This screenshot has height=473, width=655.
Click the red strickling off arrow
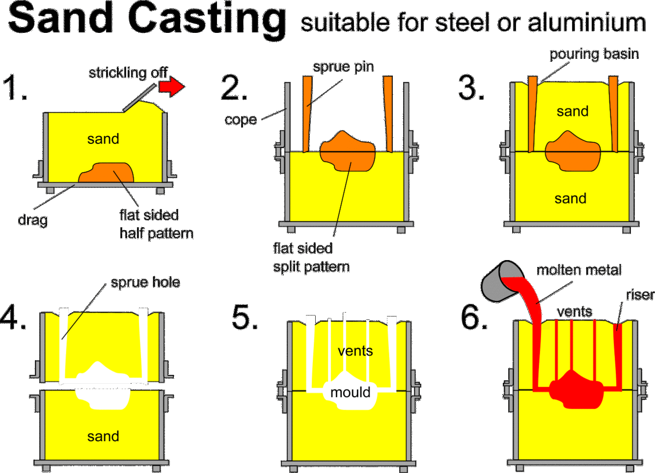tap(171, 87)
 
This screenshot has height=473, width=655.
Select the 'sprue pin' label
tap(343, 67)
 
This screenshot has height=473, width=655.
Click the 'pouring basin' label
tap(594, 54)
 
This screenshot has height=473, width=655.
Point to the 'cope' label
tap(241, 120)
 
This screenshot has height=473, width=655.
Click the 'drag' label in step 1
tap(32, 220)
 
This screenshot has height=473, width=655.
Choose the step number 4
tap(13, 317)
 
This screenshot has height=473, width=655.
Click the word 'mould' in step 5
tap(350, 392)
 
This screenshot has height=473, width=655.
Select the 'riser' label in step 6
tap(640, 294)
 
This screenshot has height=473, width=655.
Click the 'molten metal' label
tap(578, 270)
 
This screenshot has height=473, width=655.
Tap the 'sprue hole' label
tap(145, 282)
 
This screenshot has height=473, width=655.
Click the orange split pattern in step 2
tap(347, 151)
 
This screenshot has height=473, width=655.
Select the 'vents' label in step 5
tap(355, 351)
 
